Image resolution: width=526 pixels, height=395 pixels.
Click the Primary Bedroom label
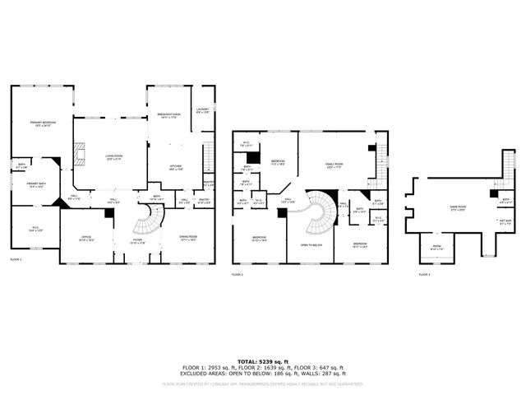(x=41, y=124)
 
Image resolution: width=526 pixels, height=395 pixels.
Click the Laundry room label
(x=203, y=110)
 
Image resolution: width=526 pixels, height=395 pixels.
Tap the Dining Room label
(x=188, y=238)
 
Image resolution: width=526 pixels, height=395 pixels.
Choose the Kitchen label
(x=176, y=166)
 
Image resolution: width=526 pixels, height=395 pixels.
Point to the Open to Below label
(x=310, y=244)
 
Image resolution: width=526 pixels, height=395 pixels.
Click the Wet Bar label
(x=504, y=221)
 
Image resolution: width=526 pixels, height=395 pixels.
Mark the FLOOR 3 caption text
(x=423, y=273)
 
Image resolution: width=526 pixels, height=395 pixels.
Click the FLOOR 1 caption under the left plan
(x=16, y=259)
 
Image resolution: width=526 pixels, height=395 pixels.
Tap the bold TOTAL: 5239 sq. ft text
(x=263, y=361)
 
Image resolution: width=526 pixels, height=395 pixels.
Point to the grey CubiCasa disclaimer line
(x=263, y=383)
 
